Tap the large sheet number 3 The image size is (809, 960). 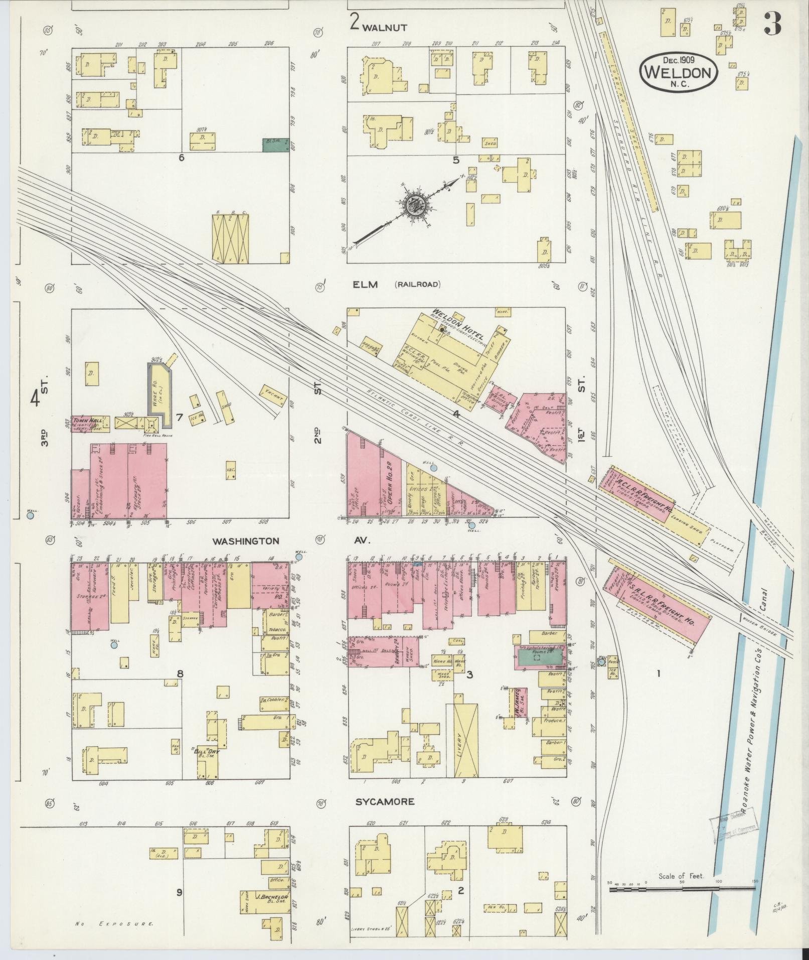tap(773, 24)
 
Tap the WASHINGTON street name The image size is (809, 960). tap(245, 541)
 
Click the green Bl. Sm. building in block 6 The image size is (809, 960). tap(275, 145)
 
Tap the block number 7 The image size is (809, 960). tap(179, 417)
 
